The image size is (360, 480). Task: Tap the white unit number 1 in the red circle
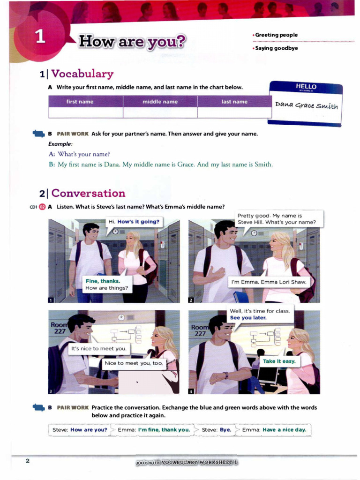41,37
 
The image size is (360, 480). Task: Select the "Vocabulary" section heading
82,74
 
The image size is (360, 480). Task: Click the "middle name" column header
160,102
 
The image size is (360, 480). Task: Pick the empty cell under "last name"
234,112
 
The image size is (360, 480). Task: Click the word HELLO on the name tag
306,87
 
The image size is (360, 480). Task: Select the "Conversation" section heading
88,193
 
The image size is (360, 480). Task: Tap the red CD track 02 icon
42,207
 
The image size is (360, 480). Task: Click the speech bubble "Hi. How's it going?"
134,221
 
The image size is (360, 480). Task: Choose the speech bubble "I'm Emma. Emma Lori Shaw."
269,282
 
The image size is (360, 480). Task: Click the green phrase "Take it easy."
279,361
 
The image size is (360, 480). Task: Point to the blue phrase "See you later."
248,317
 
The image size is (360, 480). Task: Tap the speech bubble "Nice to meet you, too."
133,363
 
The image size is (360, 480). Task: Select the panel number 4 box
191,391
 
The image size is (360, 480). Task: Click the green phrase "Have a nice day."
284,429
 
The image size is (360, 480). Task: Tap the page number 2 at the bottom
28,461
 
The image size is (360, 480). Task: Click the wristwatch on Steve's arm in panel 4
225,375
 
